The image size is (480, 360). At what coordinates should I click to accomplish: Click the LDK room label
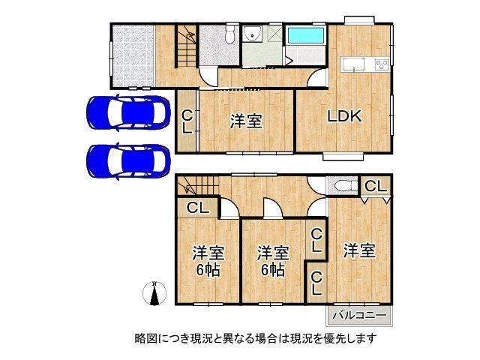coord(345,117)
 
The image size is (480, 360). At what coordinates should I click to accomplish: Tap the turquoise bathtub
coord(306,35)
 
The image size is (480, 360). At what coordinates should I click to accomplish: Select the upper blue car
coord(128,113)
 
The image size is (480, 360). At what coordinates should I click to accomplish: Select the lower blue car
coord(128,161)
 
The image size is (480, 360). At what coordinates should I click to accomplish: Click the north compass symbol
coord(154,293)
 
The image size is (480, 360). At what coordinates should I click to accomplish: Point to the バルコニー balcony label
coord(359,315)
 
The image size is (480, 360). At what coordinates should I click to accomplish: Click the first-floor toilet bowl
coord(229,34)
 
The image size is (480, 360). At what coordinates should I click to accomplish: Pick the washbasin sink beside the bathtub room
coord(253,32)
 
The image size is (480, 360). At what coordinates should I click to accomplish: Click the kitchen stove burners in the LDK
coord(382,64)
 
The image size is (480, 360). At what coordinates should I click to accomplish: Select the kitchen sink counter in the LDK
coord(353,64)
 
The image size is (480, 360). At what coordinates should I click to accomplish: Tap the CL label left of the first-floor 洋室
coord(187,121)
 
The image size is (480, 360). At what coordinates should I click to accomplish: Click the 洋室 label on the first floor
coord(246,121)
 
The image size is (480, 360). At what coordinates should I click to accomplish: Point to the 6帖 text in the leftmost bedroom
coord(208,270)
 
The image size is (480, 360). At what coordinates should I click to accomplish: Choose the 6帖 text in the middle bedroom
coord(273,270)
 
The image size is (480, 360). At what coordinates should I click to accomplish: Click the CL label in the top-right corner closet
coord(376,186)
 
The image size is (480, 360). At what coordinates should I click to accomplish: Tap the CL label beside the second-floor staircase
coord(198,208)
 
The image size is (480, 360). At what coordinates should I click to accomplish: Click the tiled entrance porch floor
coord(133,55)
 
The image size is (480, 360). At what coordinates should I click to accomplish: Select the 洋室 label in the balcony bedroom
coord(359,250)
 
